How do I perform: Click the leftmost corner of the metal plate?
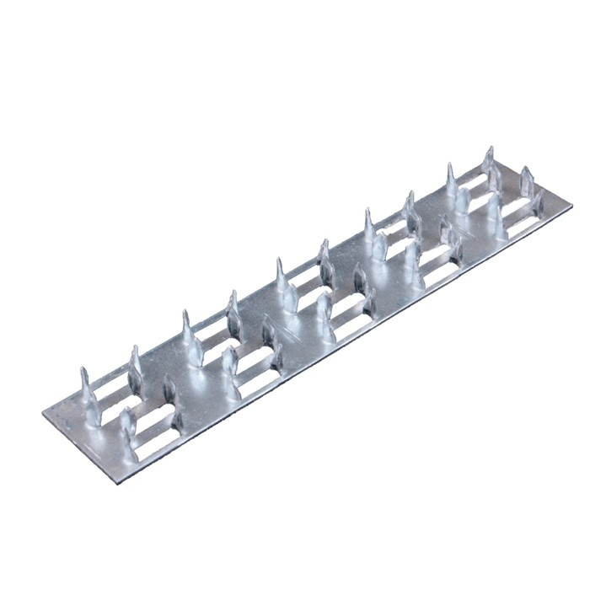pyautogui.click(x=43, y=415)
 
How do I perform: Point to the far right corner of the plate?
pyautogui.click(x=571, y=205)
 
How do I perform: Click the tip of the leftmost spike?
pyautogui.click(x=85, y=371)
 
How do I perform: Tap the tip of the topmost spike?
pyautogui.click(x=488, y=150)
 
